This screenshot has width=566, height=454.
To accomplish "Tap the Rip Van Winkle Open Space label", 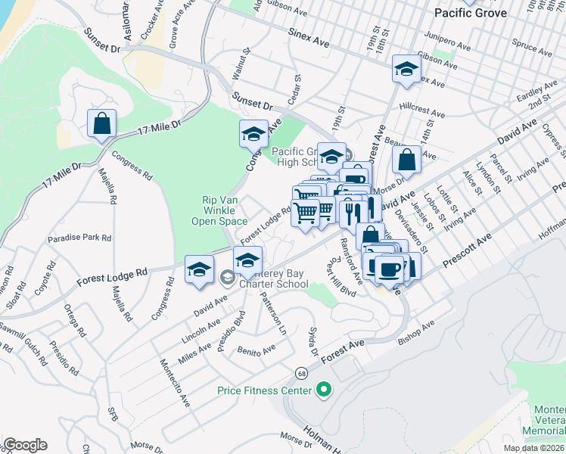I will tap(225, 210).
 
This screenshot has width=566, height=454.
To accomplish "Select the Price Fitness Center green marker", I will tap(325, 390).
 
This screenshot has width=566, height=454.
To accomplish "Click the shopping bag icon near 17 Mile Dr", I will tap(101, 123).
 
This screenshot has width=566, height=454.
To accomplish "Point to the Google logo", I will tap(24, 445).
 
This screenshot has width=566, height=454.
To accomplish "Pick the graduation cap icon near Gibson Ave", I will tap(406, 69).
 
